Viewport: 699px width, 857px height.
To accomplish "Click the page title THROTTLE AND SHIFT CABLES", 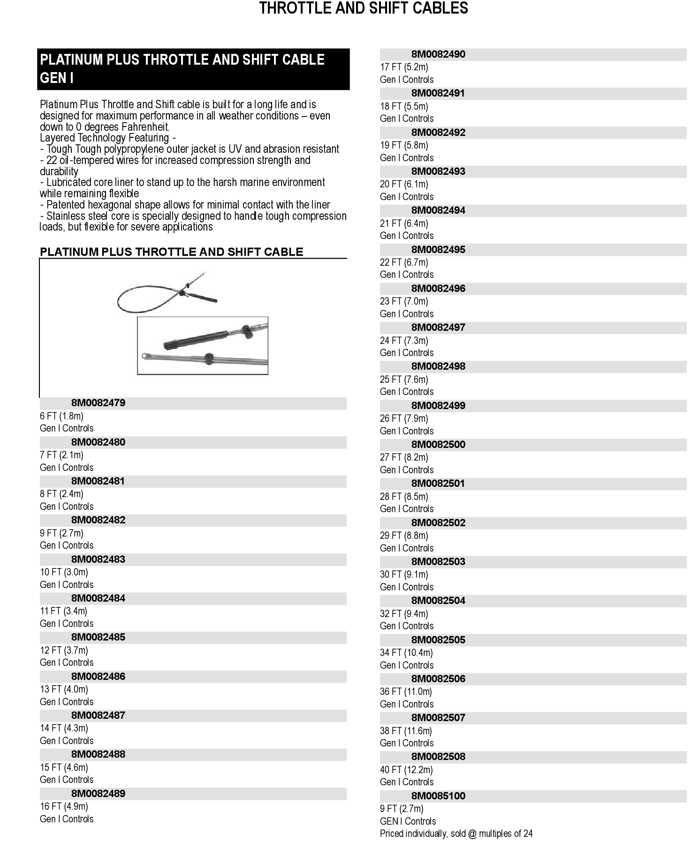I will pos(364,8).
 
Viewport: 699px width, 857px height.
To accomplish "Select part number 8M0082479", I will pos(98,403).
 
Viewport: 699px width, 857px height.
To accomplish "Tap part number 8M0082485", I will pos(98,637).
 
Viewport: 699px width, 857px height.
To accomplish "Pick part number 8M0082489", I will pos(98,793).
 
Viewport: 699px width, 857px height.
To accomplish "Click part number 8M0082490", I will pos(438,54).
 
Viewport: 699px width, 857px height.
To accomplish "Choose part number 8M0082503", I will pos(438,561).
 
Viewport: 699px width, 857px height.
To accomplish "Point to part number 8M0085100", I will pos(438,796).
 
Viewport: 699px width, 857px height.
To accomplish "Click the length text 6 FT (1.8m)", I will pos(61,416).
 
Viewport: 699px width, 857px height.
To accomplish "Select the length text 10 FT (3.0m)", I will pos(64,572).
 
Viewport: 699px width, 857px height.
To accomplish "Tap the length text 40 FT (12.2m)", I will pos(406,770).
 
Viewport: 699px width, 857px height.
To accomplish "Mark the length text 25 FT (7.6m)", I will pos(404,380).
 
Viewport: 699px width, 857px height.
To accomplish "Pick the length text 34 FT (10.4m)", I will pos(406,653).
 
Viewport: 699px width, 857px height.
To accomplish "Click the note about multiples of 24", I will pos(456,834).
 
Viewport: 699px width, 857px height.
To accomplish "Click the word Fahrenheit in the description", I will pos(145,127).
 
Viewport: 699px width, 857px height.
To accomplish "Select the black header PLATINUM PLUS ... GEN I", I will pos(193,69).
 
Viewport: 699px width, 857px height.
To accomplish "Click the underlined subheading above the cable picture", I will pos(172,252).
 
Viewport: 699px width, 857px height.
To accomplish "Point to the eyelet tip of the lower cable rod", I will pos(144,356).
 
